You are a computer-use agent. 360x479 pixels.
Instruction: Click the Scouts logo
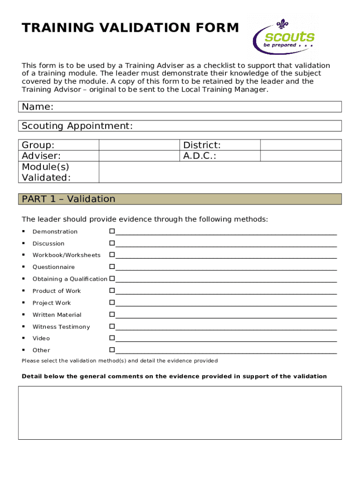point(283,36)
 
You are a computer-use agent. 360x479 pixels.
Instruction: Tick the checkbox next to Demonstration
point(112,231)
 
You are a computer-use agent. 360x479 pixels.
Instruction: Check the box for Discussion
point(112,243)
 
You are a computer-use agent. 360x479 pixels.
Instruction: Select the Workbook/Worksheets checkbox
point(112,255)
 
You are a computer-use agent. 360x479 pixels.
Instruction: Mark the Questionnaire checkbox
point(112,267)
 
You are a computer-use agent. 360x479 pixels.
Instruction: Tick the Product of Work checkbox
point(112,290)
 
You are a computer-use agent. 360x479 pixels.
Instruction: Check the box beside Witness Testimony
point(112,327)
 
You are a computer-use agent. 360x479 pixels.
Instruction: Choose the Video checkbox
point(112,338)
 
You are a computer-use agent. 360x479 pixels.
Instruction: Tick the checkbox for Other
point(112,350)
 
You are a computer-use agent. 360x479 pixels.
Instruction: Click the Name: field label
point(38,107)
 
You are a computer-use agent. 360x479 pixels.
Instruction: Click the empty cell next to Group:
point(139,145)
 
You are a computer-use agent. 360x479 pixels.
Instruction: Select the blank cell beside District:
point(301,145)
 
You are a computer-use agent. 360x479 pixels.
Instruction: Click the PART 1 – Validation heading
point(69,199)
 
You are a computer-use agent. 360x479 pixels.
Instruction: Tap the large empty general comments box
point(180,413)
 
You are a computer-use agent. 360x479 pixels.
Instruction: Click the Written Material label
point(57,315)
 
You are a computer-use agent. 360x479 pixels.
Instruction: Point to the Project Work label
point(52,303)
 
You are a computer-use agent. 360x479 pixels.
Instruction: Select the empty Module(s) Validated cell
point(220,172)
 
